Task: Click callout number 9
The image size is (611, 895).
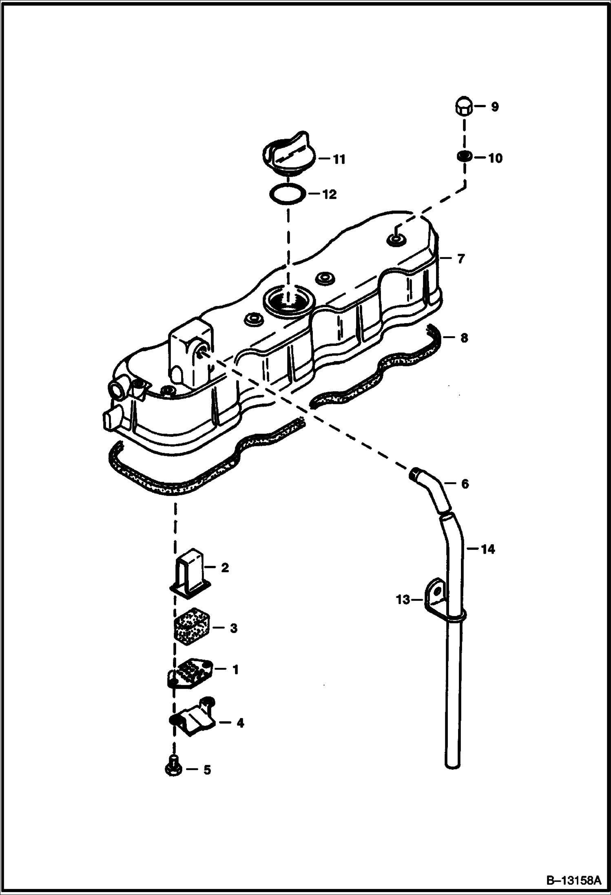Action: tap(494, 107)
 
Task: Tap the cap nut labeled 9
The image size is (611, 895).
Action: tap(463, 106)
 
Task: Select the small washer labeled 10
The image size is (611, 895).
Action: tap(464, 156)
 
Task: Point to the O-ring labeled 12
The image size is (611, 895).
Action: tap(288, 194)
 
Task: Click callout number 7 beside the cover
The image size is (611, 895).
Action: tap(461, 259)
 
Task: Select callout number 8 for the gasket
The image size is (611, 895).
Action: tap(464, 338)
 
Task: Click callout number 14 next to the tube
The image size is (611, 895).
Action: tap(487, 549)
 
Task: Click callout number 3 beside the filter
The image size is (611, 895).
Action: tap(233, 628)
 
